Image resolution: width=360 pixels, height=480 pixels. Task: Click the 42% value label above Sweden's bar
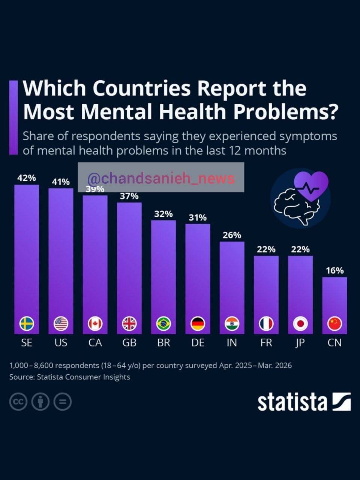coord(27,178)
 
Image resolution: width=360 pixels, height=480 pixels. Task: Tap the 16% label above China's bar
coord(334,271)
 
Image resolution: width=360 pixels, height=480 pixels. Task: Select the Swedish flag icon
coord(27,324)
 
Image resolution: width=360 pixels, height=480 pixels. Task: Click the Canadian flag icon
coord(95,324)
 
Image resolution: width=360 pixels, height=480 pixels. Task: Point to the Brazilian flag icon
coord(163,324)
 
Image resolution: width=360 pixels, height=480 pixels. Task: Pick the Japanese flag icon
coord(300,324)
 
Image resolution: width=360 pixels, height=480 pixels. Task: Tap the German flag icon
coord(198,324)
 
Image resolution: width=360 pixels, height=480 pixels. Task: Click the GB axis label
coord(129,343)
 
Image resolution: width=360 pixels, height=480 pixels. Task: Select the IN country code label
coord(232,343)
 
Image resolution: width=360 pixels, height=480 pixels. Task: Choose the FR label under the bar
coord(266,343)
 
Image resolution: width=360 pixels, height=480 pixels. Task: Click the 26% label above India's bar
coord(232,235)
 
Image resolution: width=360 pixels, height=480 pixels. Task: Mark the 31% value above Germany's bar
coord(198,217)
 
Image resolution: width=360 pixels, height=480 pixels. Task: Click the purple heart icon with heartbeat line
coord(311,186)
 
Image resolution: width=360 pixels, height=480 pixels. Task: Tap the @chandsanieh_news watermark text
coord(161,178)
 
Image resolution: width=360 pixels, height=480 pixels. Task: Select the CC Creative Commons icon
coord(18,402)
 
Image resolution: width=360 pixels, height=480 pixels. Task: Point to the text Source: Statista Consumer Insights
coord(70,377)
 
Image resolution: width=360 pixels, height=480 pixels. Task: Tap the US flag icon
coord(61,324)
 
